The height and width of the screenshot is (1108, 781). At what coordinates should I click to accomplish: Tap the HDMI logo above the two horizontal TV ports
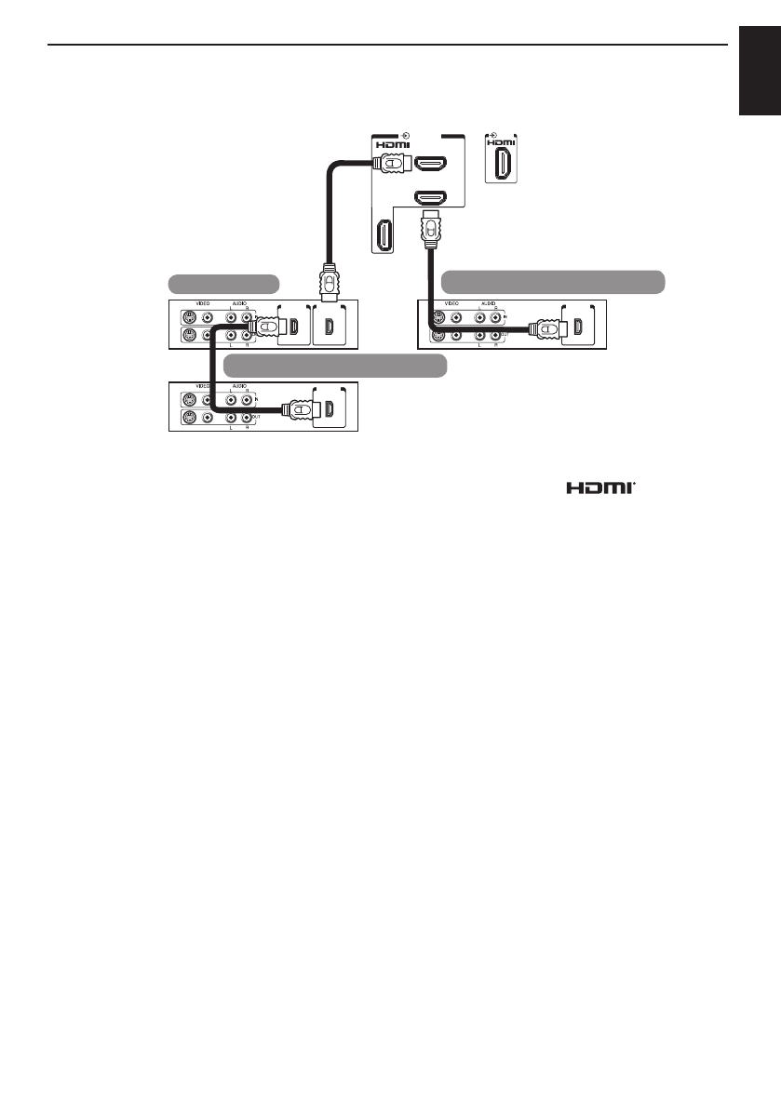click(x=393, y=145)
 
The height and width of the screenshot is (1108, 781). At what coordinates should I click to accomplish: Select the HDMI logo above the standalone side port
click(x=501, y=145)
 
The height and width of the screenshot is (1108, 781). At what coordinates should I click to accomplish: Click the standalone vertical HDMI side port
click(x=502, y=167)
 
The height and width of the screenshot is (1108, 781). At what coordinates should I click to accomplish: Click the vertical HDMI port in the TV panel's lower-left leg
click(x=382, y=236)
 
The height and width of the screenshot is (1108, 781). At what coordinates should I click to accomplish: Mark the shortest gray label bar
click(x=223, y=283)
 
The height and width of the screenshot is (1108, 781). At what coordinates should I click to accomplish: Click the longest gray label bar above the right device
click(x=553, y=281)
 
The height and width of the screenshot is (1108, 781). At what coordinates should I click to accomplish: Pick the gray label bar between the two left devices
click(x=336, y=364)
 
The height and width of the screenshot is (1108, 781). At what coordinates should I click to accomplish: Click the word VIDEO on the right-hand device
click(x=452, y=303)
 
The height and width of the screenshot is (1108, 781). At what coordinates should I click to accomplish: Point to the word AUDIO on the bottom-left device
click(x=239, y=385)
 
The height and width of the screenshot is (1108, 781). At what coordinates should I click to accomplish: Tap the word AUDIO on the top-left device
click(x=239, y=303)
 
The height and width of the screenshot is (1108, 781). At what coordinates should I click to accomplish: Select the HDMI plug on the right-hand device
click(x=548, y=327)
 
